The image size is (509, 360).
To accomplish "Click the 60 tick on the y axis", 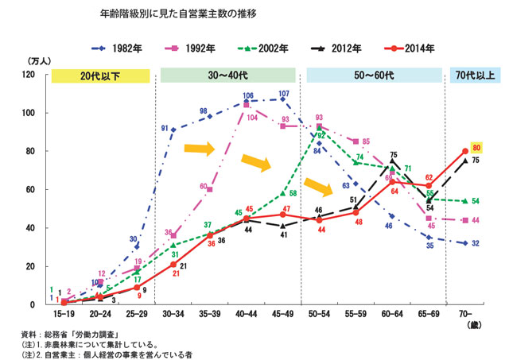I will pos(30,190).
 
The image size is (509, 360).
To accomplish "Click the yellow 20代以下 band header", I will pos(100,76).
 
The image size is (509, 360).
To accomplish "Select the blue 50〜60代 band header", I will pos(374,76).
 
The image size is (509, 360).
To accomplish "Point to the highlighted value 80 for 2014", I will pos(477,149).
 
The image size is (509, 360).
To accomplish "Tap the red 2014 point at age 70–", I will pos(464,151).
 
